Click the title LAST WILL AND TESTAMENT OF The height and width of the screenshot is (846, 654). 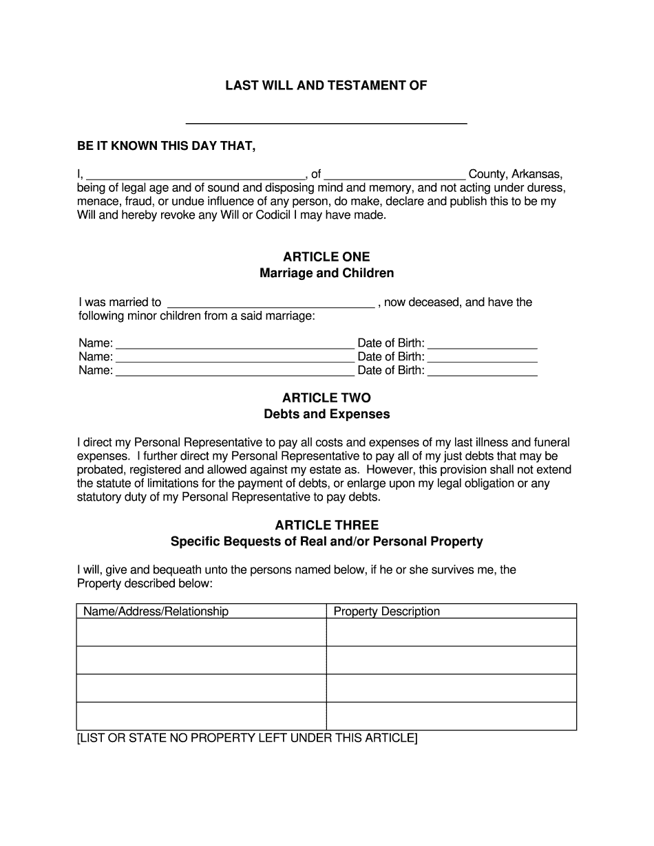tap(326, 86)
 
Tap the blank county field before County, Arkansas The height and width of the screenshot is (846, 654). tap(394, 173)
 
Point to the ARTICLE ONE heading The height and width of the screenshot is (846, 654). tap(326, 257)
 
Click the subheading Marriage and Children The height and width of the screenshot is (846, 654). tap(326, 273)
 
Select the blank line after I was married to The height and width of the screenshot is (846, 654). tap(271, 303)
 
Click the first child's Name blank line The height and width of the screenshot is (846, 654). tap(235, 343)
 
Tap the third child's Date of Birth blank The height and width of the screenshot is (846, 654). tap(482, 371)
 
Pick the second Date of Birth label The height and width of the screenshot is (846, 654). tap(390, 357)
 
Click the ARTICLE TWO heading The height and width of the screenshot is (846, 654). tap(326, 398)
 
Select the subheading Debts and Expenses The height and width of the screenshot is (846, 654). tap(326, 414)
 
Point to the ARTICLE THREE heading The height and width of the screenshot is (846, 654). tap(326, 525)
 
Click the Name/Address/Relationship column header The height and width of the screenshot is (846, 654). tap(156, 611)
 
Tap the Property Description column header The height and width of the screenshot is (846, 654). tap(386, 611)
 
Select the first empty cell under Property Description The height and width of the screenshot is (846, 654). tap(451, 632)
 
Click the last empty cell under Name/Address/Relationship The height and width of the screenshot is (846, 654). tap(201, 716)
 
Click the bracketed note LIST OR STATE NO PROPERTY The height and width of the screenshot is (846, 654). tap(247, 739)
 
